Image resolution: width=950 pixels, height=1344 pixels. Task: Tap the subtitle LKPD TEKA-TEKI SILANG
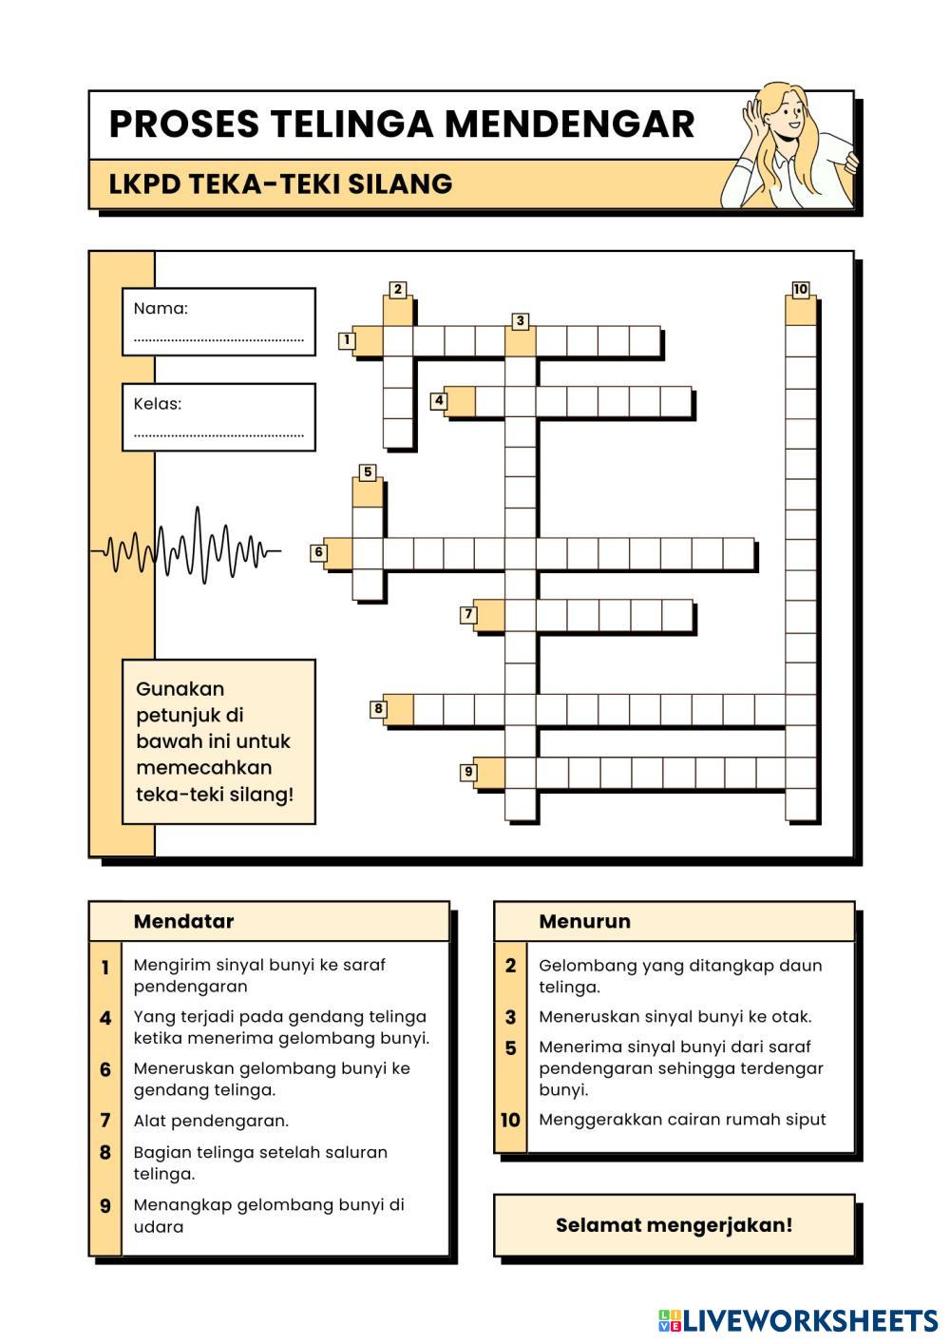point(280,183)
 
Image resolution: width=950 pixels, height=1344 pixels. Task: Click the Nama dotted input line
point(218,338)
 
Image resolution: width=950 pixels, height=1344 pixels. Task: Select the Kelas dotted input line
point(218,434)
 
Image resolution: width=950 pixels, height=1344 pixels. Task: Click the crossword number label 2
point(398,290)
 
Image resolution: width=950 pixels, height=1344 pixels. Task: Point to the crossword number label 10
point(800,290)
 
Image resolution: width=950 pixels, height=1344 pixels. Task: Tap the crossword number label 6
point(319,552)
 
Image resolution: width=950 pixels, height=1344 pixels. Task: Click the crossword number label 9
point(468,772)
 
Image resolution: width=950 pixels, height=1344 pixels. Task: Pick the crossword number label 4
point(439,401)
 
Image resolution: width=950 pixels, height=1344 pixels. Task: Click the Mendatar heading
point(183,921)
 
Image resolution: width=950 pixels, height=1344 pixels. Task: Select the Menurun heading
point(584,921)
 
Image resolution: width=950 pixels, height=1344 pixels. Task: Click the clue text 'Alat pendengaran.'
point(211,1121)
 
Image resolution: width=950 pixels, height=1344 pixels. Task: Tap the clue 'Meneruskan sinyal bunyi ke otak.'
point(674,1016)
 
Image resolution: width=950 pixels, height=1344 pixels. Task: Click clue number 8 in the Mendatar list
point(105,1153)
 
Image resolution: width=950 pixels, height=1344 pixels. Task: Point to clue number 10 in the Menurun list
point(510,1120)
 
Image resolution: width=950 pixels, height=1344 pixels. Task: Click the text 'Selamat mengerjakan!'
point(674,1224)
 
